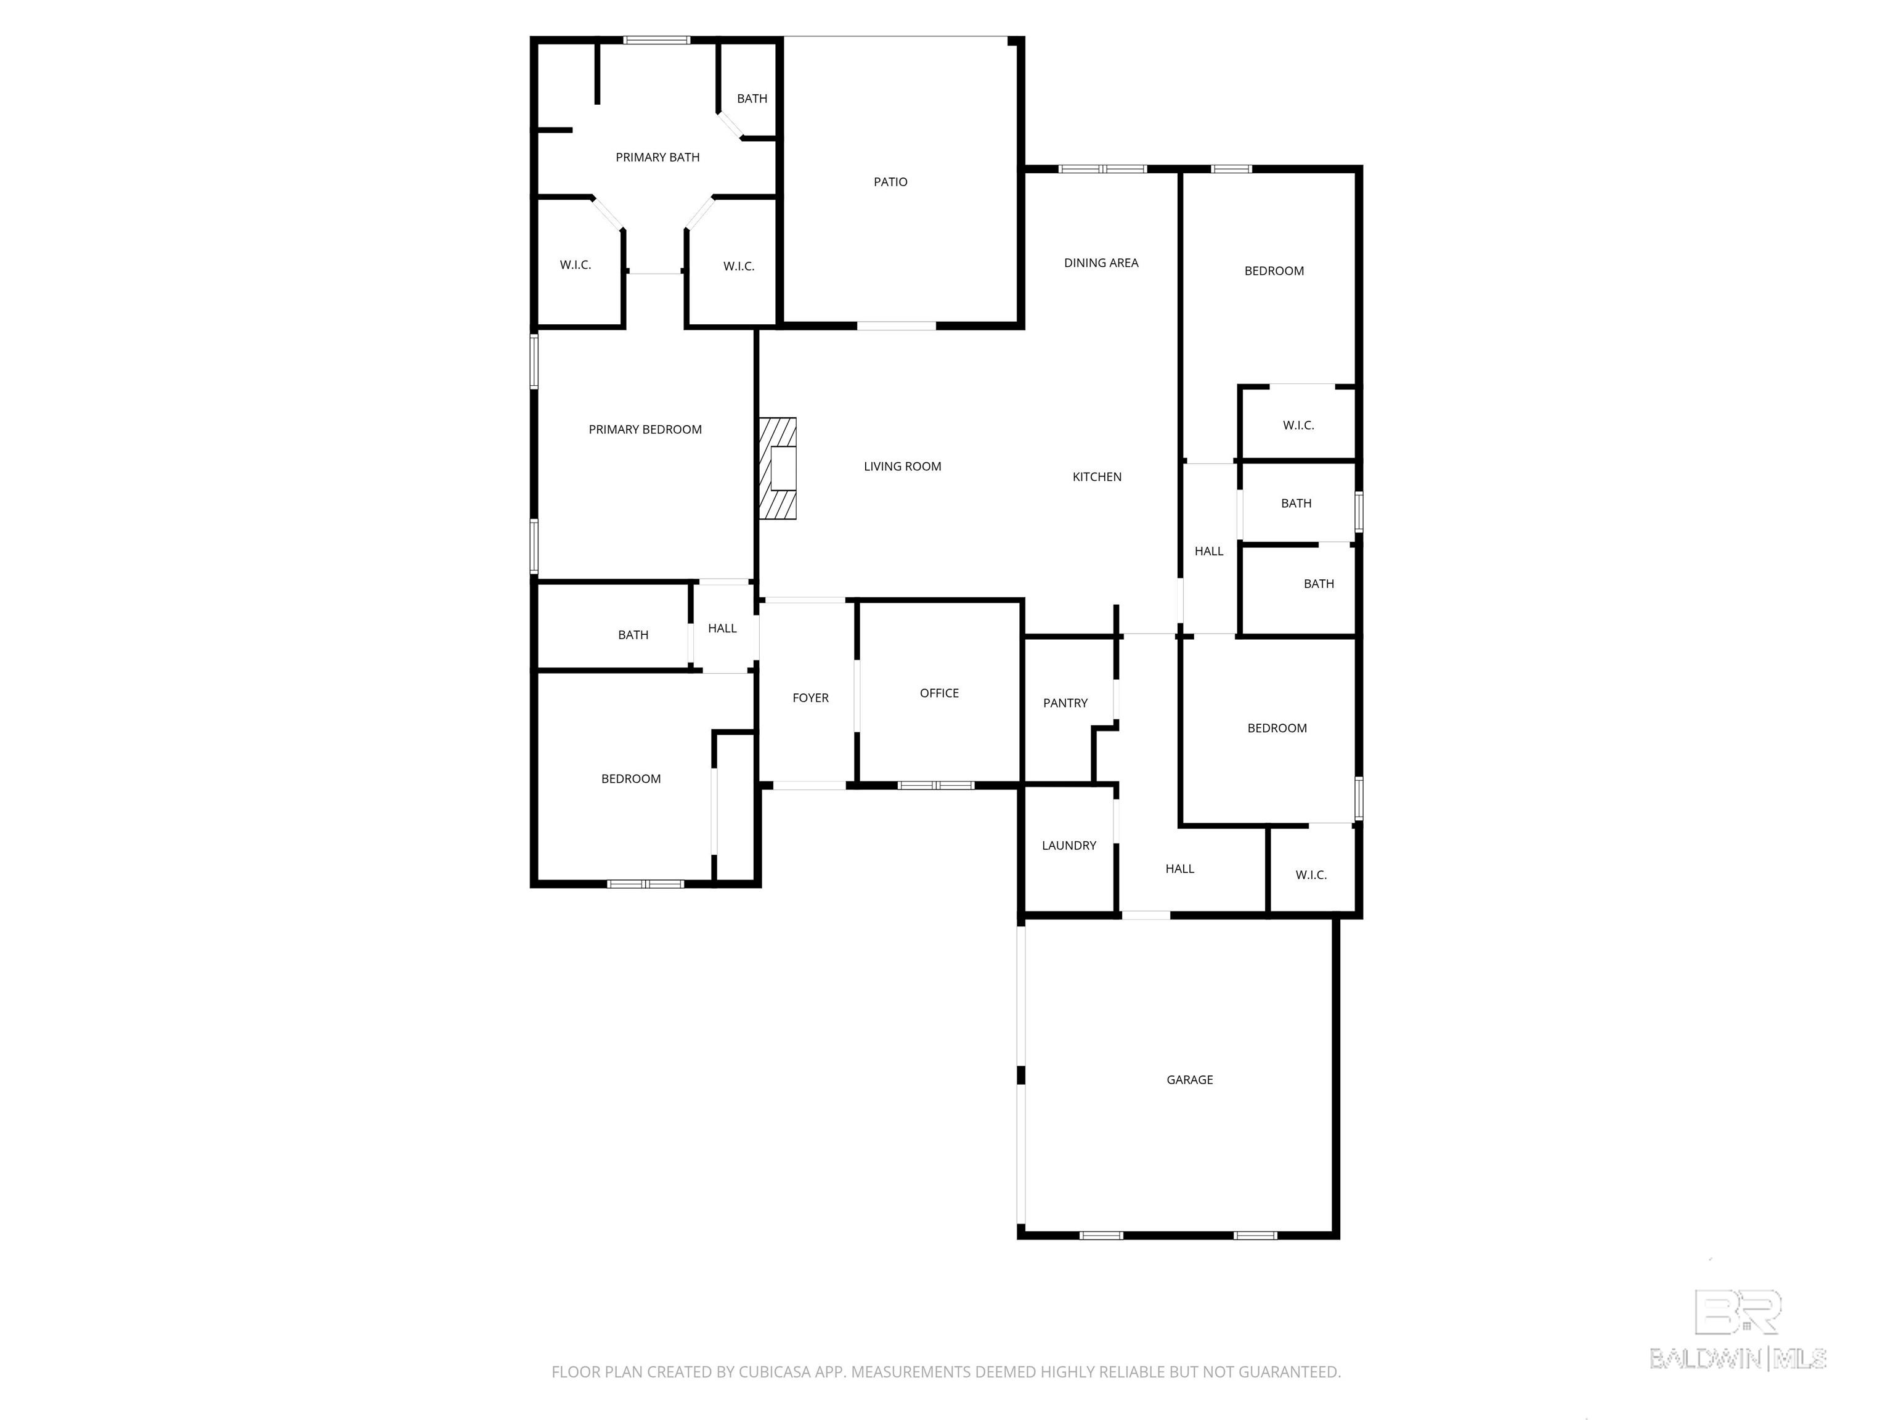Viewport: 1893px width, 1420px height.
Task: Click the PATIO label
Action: point(890,181)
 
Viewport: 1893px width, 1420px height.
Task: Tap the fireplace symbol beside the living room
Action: point(778,468)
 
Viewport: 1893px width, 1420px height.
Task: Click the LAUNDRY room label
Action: point(1069,846)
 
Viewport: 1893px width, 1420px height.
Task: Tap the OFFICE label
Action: point(939,693)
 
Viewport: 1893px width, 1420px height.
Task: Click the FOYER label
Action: point(810,698)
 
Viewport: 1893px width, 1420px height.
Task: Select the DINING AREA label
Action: point(1101,263)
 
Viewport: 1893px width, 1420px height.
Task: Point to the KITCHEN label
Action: point(1097,477)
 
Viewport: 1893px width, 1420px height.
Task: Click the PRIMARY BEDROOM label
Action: point(645,430)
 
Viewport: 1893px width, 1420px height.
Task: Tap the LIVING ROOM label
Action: point(902,467)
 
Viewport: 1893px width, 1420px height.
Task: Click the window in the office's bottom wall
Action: point(935,785)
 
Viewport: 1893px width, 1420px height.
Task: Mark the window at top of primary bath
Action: point(656,40)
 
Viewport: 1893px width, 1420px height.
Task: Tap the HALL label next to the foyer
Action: point(722,628)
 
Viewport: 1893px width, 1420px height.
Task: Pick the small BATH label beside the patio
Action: point(752,99)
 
